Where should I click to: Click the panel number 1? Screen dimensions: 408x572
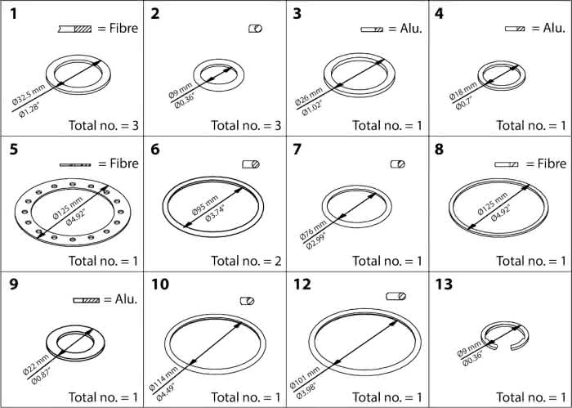[13, 14]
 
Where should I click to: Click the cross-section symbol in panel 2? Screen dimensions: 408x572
[255, 29]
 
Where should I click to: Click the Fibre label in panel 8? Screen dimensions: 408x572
[552, 164]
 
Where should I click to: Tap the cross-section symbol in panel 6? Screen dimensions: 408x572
[251, 164]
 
